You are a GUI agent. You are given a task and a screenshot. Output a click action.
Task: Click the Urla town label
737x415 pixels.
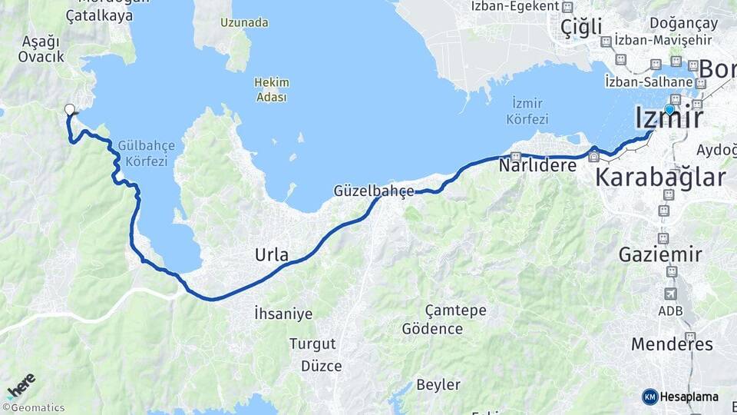272,254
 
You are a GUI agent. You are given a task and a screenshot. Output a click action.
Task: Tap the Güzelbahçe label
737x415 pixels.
374,190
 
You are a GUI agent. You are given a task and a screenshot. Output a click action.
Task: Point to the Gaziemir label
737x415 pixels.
661,254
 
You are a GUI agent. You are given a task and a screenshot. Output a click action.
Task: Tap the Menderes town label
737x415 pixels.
672,344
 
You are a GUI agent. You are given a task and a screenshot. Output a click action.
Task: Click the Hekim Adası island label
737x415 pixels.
272,91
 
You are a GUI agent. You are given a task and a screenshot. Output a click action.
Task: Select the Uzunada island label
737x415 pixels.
243,22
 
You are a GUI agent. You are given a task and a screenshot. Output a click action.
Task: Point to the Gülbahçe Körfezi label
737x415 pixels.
147,153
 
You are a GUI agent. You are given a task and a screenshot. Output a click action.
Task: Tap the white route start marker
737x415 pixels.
70,110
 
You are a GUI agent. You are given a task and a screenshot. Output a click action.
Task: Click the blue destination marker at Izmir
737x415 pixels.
669,110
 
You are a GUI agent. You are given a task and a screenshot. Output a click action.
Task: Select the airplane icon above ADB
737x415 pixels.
670,294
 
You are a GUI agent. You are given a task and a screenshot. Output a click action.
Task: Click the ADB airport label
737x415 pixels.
670,310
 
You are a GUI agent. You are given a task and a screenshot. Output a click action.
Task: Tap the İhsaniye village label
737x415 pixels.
283,313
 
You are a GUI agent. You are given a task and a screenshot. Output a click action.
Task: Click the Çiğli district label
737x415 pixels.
580,27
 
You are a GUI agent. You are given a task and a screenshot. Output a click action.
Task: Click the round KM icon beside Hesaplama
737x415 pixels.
649,397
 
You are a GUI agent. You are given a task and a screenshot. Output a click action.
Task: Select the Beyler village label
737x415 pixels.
438,384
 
